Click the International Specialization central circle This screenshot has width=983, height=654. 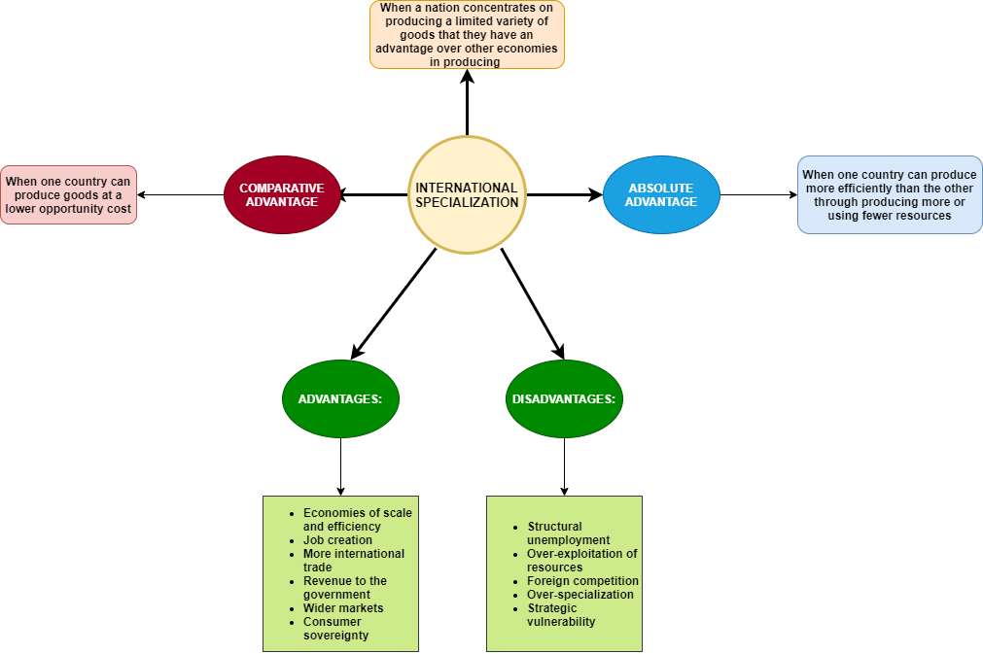tap(467, 195)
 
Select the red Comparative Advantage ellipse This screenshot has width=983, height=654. tap(282, 195)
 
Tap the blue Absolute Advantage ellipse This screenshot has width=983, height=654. tap(661, 195)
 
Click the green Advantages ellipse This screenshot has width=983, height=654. tap(340, 399)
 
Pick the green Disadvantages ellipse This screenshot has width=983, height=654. tap(564, 399)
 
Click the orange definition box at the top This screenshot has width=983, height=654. tap(467, 35)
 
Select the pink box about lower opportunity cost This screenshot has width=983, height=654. tap(68, 195)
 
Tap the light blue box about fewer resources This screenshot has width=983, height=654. tap(890, 195)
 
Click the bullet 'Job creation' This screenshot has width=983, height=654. tap(337, 540)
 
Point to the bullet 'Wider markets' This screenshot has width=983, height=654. tap(343, 608)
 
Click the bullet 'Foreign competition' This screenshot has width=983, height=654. tap(582, 581)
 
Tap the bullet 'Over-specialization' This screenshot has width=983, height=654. tap(579, 595)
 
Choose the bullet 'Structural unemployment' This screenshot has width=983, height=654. tap(568, 534)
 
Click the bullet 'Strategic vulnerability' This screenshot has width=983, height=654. tap(561, 615)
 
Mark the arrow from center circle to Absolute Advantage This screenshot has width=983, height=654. tap(564, 195)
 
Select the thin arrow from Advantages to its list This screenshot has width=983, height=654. tap(340, 466)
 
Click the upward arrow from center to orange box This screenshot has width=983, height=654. tap(467, 102)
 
